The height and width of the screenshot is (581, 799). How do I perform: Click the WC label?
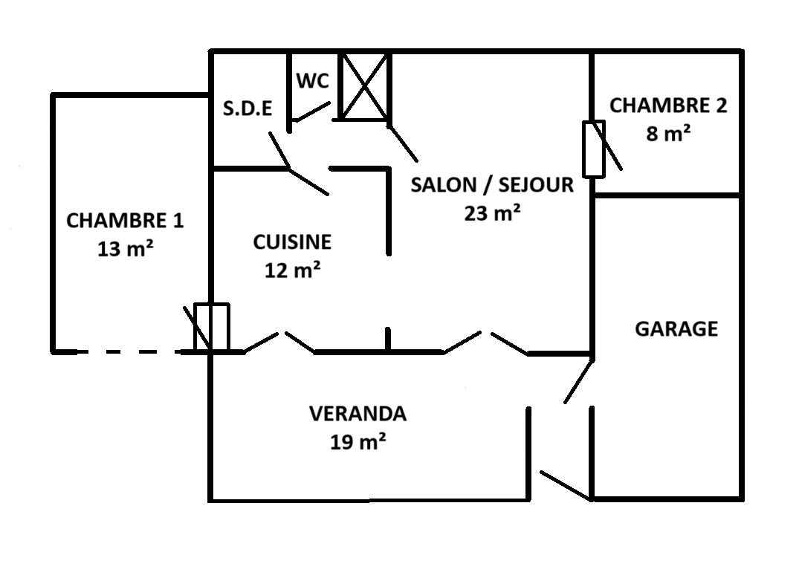(313, 81)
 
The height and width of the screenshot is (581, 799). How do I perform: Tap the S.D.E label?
(248, 108)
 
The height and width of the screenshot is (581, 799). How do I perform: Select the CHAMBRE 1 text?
(125, 221)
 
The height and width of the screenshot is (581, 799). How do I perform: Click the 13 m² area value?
(126, 248)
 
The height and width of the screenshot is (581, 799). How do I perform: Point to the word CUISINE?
(293, 242)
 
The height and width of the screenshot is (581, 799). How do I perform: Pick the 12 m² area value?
(293, 270)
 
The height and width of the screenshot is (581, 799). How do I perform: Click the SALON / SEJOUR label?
(492, 185)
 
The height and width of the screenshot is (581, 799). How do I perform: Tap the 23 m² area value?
(492, 212)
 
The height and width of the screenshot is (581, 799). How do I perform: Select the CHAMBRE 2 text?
(668, 106)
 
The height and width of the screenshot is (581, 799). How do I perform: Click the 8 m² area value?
(668, 134)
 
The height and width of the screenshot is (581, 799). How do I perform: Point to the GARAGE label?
(676, 329)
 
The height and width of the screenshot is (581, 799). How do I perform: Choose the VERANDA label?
(358, 414)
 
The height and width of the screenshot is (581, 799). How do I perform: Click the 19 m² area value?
(358, 441)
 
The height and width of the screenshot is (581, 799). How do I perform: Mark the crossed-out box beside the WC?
(364, 86)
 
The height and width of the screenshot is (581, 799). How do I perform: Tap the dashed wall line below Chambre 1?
(130, 351)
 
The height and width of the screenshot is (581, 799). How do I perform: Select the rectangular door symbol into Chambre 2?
(594, 149)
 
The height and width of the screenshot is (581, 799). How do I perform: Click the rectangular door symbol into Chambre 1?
(212, 328)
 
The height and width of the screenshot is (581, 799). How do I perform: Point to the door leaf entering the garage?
(579, 381)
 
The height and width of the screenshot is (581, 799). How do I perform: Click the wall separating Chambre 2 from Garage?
(667, 195)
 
